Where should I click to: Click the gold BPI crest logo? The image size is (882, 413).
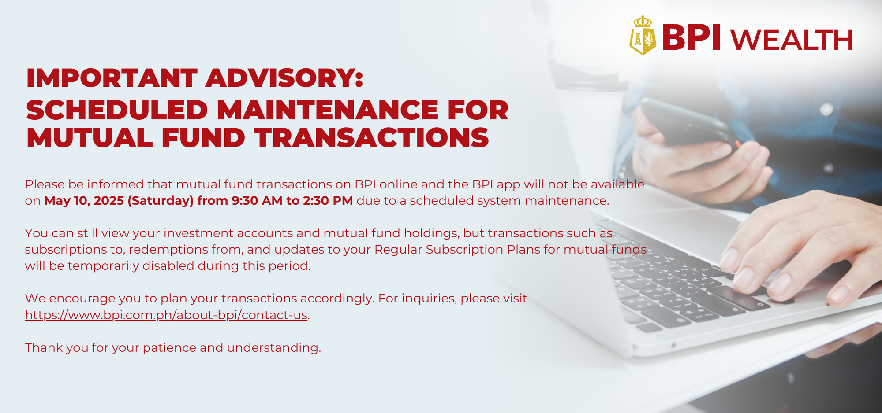[643, 36]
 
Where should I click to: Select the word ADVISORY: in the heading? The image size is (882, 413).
[284, 78]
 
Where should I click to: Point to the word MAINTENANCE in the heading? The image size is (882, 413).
[328, 110]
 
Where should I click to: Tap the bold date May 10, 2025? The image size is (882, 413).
[84, 201]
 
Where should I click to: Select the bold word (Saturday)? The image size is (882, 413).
[161, 201]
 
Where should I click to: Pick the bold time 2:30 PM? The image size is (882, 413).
[328, 201]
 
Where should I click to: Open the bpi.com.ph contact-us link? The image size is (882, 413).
[166, 315]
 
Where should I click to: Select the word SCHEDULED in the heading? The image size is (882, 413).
[117, 110]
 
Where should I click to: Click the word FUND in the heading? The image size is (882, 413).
[203, 138]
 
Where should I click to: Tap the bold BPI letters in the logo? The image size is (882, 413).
[691, 37]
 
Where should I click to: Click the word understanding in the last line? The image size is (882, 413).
[274, 348]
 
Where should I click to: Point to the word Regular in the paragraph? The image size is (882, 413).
[398, 250]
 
